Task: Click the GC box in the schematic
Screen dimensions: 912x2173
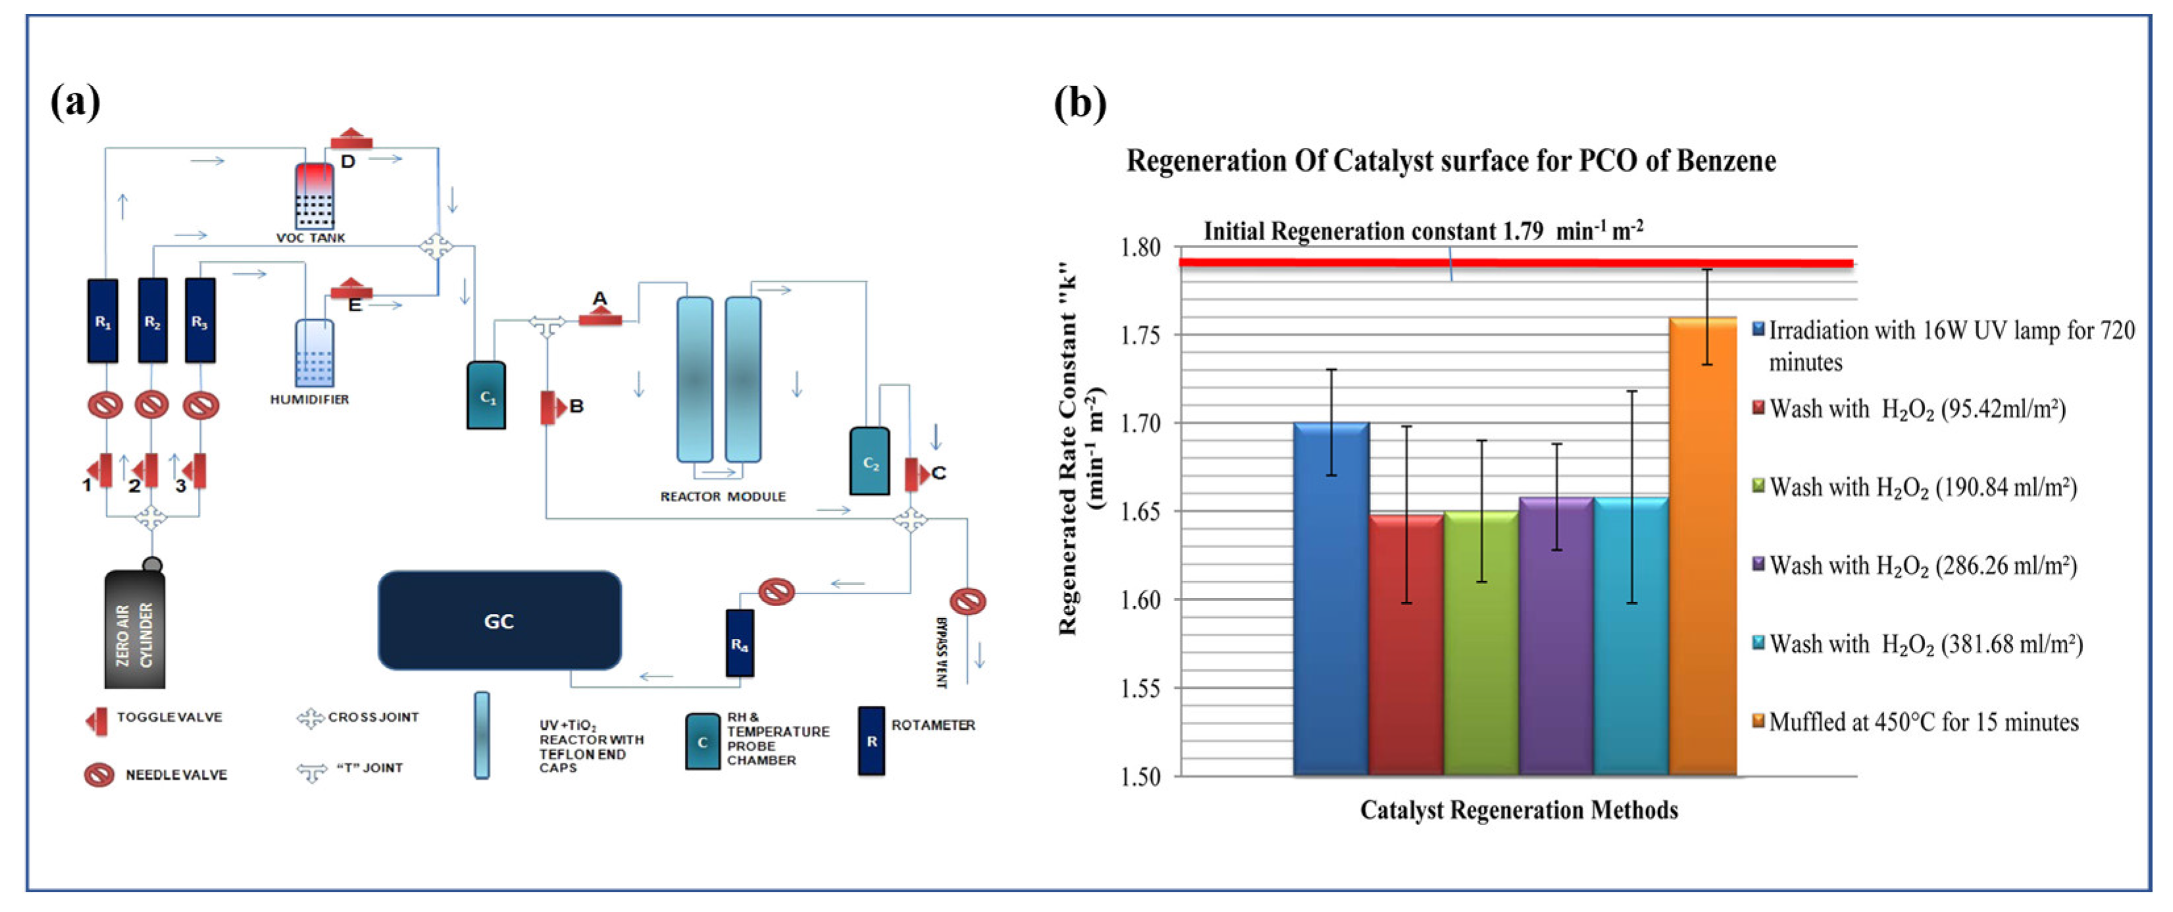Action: pyautogui.click(x=499, y=621)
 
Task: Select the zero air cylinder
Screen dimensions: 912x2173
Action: pyautogui.click(x=135, y=630)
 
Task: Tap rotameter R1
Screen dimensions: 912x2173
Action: pyautogui.click(x=102, y=321)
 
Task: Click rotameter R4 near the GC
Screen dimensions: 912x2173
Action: pyautogui.click(x=740, y=644)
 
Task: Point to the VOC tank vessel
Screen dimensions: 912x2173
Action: pyautogui.click(x=314, y=195)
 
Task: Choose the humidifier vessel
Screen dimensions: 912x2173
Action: pyautogui.click(x=314, y=353)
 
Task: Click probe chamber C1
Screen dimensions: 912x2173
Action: pyautogui.click(x=487, y=395)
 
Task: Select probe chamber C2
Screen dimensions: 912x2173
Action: pyautogui.click(x=869, y=461)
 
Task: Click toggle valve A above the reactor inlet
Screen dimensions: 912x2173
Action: pyautogui.click(x=600, y=318)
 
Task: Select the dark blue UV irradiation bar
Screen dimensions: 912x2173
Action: pyautogui.click(x=1330, y=598)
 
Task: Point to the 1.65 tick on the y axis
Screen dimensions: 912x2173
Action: pyautogui.click(x=1141, y=511)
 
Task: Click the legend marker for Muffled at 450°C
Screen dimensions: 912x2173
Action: pyautogui.click(x=1758, y=721)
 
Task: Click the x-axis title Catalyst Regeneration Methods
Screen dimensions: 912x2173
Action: pyautogui.click(x=1518, y=810)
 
